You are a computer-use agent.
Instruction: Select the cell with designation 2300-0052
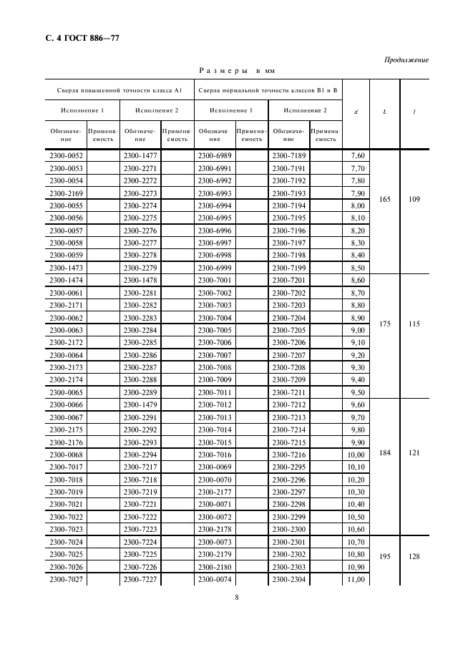66,155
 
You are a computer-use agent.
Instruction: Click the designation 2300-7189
289,155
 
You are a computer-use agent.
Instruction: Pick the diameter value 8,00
358,205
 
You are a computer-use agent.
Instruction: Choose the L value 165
385,199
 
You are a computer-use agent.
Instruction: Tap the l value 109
414,199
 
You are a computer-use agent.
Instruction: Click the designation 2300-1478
140,281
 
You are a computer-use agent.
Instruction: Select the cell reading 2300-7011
215,393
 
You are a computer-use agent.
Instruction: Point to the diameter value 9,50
358,393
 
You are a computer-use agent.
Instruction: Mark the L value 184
385,452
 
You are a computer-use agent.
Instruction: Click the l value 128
414,555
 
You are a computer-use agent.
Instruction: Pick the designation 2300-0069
215,467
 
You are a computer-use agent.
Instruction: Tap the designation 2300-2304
289,580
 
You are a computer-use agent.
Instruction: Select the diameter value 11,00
358,580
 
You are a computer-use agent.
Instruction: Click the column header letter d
356,112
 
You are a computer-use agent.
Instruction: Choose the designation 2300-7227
140,580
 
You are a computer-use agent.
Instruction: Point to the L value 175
385,324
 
